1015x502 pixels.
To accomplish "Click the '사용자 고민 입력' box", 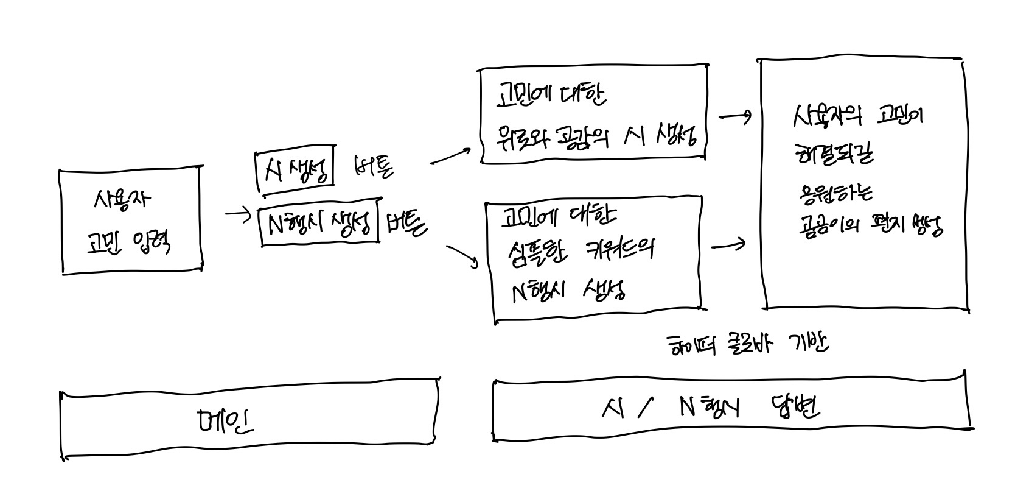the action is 131,221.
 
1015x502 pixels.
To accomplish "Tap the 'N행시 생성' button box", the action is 319,224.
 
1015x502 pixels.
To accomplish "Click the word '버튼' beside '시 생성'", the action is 372,166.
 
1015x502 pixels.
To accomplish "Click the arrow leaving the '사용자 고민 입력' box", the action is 238,214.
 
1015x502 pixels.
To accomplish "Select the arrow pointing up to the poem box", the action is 450,156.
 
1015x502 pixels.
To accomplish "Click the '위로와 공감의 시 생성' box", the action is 593,114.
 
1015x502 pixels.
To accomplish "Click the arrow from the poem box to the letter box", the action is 735,116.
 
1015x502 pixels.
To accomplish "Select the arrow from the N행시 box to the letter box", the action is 728,245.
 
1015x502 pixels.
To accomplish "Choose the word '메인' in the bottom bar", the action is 225,420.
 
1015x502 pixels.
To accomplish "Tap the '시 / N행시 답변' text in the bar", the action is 710,408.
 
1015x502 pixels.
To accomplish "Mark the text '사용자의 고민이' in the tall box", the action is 857,116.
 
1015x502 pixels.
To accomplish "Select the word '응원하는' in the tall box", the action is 835,194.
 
